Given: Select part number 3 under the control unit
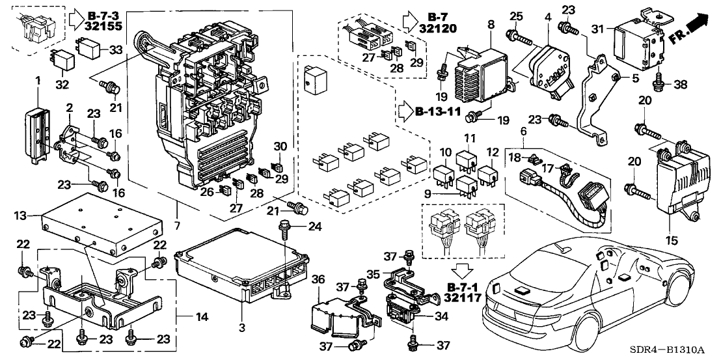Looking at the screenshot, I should (x=241, y=329).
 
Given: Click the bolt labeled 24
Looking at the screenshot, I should (x=286, y=228).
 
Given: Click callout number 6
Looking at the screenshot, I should (x=505, y=132).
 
